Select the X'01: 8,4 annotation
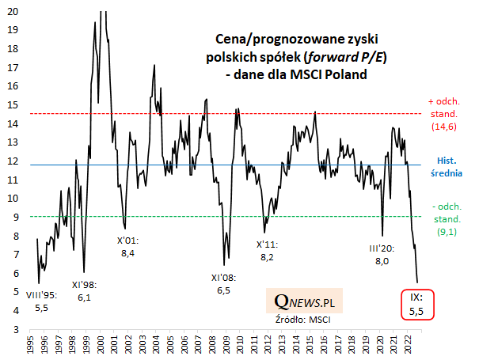(127, 247)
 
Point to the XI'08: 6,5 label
(224, 284)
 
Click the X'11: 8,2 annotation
(266, 251)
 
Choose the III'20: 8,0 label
(381, 255)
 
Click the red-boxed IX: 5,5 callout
(416, 305)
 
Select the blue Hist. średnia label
(449, 166)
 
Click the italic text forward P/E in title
(353, 57)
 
